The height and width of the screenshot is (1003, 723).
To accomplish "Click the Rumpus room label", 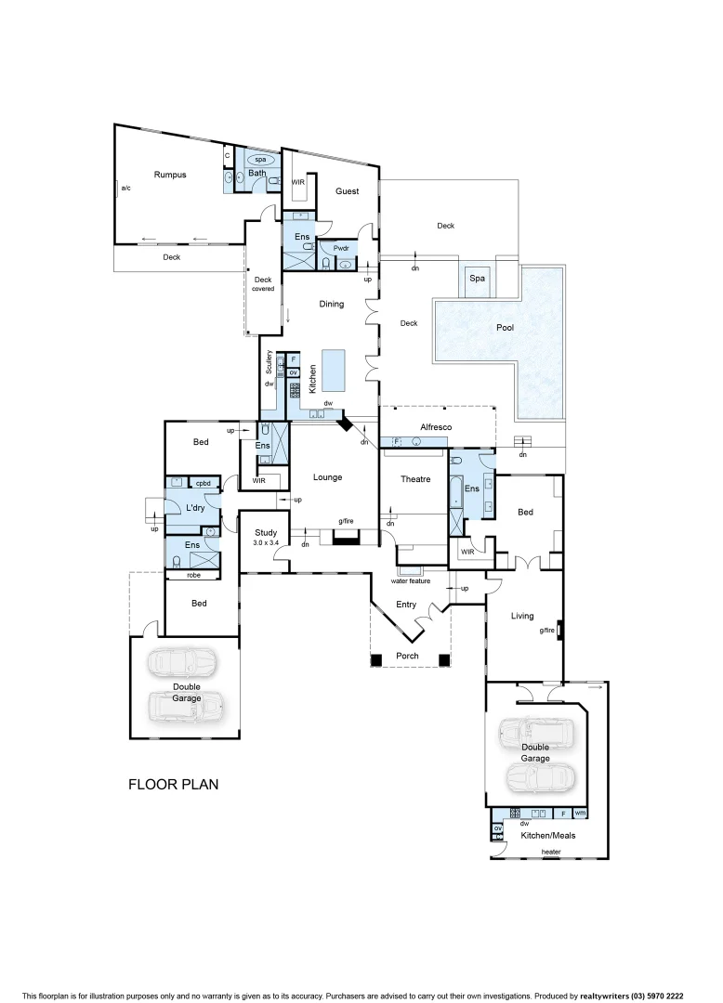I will (170, 175).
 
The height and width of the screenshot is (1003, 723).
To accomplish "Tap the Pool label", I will (505, 328).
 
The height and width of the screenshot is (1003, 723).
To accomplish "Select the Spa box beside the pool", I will (477, 279).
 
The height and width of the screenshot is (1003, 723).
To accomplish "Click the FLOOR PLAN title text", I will (173, 785).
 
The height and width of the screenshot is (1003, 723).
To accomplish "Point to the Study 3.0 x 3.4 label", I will (267, 537).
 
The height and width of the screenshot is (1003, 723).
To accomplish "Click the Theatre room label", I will (415, 479).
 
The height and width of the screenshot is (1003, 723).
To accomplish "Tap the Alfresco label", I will (437, 426).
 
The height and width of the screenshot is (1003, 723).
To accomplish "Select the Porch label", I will (407, 656).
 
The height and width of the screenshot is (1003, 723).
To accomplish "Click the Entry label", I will (406, 605).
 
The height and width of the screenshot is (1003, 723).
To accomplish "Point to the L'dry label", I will (195, 508).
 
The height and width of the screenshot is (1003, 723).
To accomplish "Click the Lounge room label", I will (327, 477).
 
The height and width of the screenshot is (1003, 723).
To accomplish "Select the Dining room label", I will (331, 304).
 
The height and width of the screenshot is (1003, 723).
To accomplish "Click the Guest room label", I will (347, 191).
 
